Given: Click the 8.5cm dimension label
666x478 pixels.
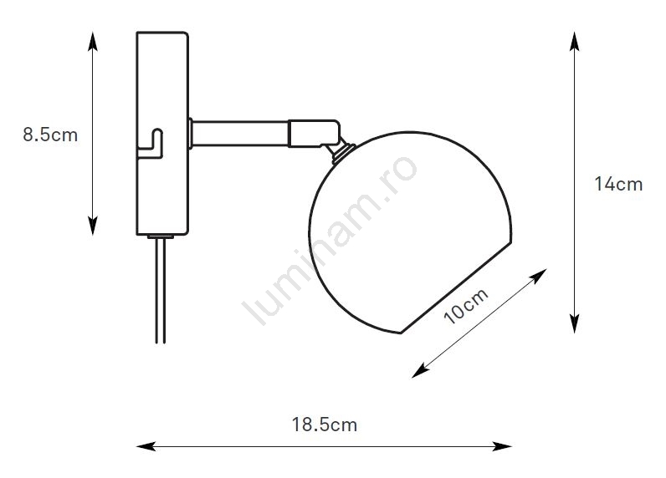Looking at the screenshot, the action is [50, 135].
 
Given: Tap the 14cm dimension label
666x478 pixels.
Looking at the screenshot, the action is [618, 184].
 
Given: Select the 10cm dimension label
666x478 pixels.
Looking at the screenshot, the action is [466, 306].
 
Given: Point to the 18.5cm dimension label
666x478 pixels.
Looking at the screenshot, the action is [325, 425].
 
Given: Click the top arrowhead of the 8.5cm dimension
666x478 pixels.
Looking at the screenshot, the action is [93, 40].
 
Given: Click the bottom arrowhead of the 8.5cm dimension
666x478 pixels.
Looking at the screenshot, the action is [93, 226].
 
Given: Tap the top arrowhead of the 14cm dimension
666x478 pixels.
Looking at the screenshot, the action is [574, 41].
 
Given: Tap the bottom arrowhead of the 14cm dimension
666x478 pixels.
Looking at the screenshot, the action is [574, 323].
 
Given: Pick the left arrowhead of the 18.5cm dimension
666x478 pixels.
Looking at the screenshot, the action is [146, 446].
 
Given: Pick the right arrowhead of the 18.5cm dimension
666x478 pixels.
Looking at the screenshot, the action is [502, 446].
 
